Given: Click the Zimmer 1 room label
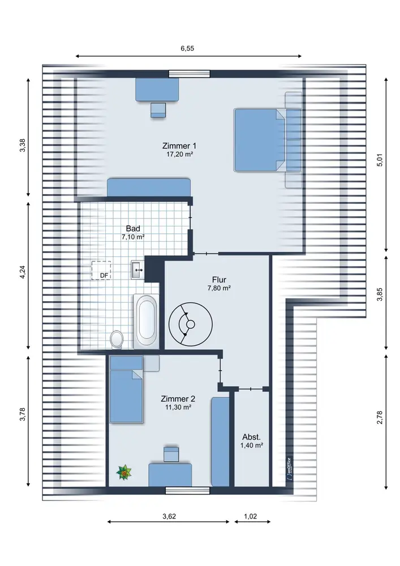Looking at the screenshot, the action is point(179,146).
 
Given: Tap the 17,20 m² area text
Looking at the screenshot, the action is point(179,155).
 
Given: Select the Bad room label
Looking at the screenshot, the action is point(133,229).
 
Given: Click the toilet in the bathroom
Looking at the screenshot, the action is point(117,339).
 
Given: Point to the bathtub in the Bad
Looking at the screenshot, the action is point(146,321).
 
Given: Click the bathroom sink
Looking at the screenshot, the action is point(137,269).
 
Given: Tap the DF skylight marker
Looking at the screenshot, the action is point(101,271).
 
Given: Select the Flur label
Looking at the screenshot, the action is point(220,280).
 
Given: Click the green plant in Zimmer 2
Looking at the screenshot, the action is point(124,472).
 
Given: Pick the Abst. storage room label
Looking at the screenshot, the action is point(252,437).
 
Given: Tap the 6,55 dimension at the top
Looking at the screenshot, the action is point(188,48).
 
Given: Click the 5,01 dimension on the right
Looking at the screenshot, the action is point(380,159).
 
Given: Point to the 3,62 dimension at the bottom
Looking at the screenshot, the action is point(169,517).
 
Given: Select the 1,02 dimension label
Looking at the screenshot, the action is point(250,517).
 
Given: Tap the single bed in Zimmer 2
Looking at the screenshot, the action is point(126,389).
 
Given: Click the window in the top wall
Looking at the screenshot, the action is point(190,74).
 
